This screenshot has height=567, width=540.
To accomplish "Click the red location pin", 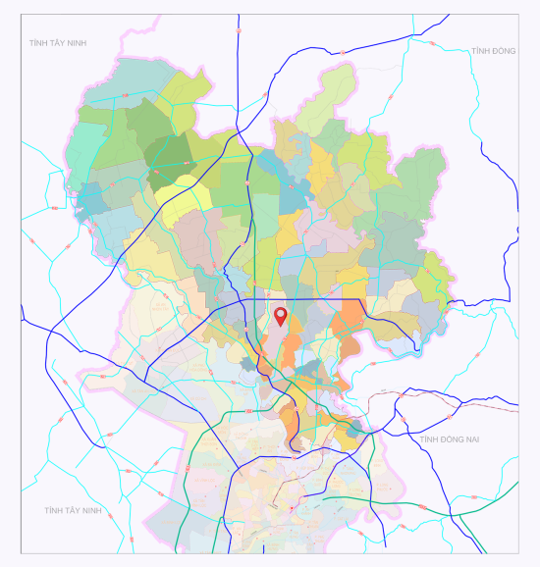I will coord(281,316).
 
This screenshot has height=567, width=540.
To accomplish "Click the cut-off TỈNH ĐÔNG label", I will coord(493,51).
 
